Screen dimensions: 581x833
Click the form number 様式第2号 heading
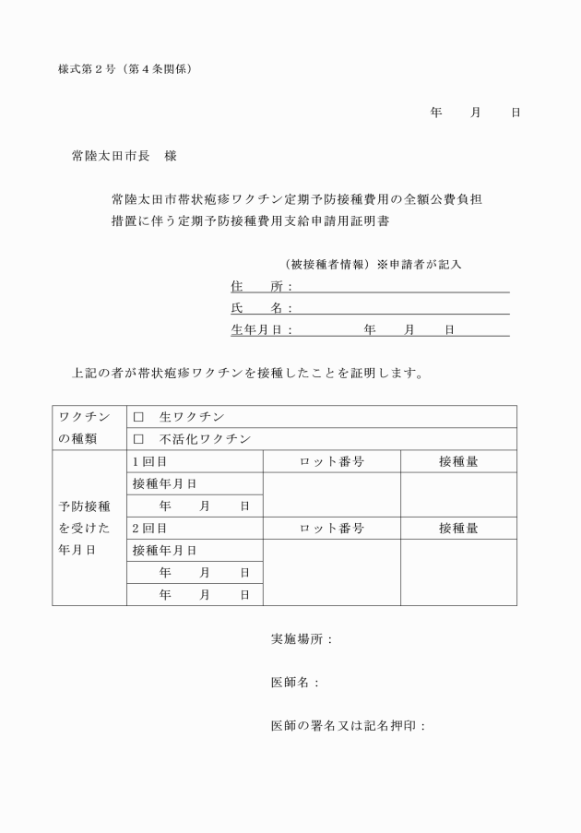pyautogui.click(x=125, y=69)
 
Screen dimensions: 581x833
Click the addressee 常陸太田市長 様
pyautogui.click(x=124, y=157)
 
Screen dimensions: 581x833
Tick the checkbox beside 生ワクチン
pyautogui.click(x=138, y=417)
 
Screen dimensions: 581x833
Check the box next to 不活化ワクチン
pyautogui.click(x=138, y=439)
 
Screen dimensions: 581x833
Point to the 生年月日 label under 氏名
pyautogui.click(x=261, y=329)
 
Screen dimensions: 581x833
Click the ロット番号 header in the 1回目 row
pyautogui.click(x=332, y=461)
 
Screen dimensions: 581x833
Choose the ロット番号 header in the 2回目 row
pyautogui.click(x=332, y=529)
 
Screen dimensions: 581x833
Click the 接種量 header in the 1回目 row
pyautogui.click(x=458, y=461)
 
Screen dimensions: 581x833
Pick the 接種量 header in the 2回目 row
pyautogui.click(x=458, y=529)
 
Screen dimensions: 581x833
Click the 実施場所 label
pyautogui.click(x=301, y=639)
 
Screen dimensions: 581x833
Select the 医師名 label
pyautogui.click(x=294, y=683)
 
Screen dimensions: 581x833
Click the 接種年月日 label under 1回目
pyautogui.click(x=165, y=483)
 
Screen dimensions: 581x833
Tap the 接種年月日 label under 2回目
pyautogui.click(x=165, y=551)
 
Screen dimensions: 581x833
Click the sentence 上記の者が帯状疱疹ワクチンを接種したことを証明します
pyautogui.click(x=248, y=374)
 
